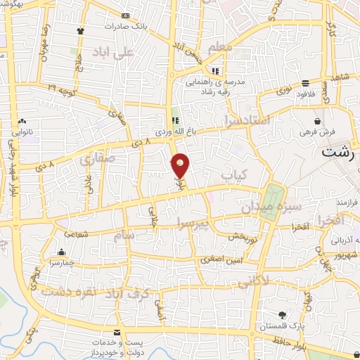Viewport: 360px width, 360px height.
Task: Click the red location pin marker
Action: pyautogui.click(x=181, y=165)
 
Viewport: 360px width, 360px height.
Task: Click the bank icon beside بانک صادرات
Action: pyautogui.click(x=125, y=15)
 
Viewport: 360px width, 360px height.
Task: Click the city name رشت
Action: pyautogui.click(x=340, y=151)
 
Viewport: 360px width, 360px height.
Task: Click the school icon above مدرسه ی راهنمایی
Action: pyautogui.click(x=216, y=71)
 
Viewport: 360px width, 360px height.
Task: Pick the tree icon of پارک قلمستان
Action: pyautogui.click(x=282, y=316)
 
